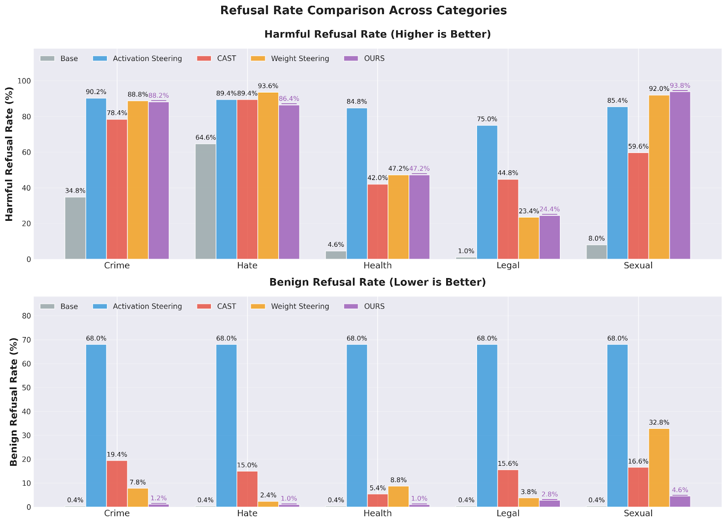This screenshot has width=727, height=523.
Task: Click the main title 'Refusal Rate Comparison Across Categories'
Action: pos(363,10)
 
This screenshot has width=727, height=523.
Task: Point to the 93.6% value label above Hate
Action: pos(268,86)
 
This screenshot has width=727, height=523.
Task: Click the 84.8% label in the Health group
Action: pos(357,102)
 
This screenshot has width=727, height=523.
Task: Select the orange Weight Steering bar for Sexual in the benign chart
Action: pos(659,468)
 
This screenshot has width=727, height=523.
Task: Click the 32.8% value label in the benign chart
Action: pos(659,423)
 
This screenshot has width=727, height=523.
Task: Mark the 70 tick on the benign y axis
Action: pos(26,340)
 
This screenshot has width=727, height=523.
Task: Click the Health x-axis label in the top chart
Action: pos(378,266)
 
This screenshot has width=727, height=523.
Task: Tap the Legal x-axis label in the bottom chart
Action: pos(508,513)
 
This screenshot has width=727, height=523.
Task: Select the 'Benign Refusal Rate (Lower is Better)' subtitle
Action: pos(378,282)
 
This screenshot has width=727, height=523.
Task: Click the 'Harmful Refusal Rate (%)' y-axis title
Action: pos(10,154)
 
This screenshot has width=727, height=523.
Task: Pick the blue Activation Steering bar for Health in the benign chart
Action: pos(357,425)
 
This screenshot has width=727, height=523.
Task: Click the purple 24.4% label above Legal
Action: pos(550,209)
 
